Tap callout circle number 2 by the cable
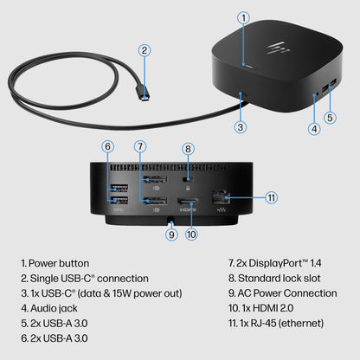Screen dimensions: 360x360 tap(144, 50)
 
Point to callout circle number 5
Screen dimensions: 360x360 tap(329, 118)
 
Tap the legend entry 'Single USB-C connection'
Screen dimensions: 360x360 tap(74, 279)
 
